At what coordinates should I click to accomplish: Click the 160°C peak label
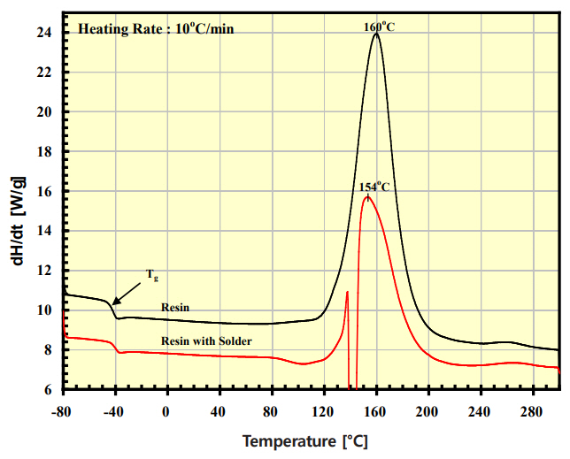[x=379, y=27]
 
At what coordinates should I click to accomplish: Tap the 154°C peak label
[x=374, y=187]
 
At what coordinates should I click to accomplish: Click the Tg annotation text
[x=152, y=275]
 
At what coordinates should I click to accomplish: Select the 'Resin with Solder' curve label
[x=206, y=340]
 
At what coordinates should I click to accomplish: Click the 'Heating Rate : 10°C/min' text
[x=157, y=28]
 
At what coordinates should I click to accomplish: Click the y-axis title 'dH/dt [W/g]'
[x=19, y=210]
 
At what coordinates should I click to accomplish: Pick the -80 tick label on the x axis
[x=62, y=411]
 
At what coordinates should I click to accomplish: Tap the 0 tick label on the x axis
[x=166, y=411]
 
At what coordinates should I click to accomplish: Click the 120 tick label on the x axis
[x=324, y=411]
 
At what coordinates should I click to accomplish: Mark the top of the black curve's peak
[x=376, y=34]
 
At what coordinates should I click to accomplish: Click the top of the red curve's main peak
[x=366, y=197]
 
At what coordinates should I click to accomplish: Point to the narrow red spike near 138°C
[x=348, y=293]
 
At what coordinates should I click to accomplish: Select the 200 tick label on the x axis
[x=428, y=411]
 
